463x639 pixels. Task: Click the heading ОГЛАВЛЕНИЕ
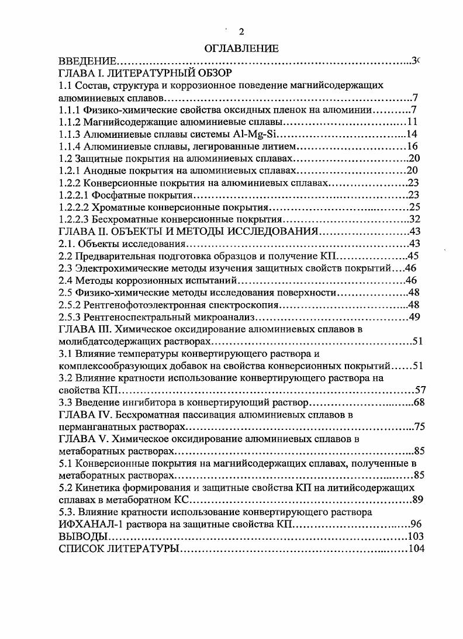click(x=241, y=48)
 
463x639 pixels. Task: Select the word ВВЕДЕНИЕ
click(x=88, y=61)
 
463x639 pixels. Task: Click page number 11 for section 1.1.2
click(x=412, y=122)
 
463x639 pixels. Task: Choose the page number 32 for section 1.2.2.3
click(x=416, y=220)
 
